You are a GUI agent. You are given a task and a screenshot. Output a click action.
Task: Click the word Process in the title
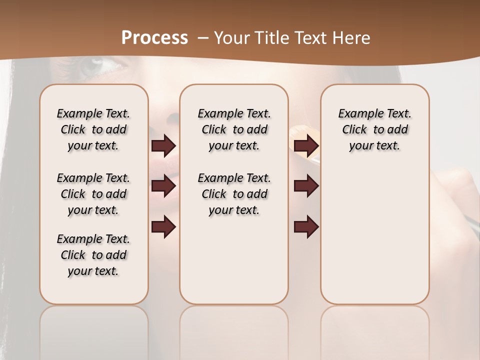(154, 38)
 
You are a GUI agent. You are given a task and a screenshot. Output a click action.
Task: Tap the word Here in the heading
(352, 38)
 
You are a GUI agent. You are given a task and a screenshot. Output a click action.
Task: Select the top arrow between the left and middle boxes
(163, 146)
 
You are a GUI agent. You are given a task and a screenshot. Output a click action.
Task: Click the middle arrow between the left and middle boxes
(163, 186)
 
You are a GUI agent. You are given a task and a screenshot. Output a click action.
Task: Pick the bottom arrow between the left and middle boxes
(163, 227)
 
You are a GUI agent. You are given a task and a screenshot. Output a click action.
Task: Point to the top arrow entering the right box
(306, 146)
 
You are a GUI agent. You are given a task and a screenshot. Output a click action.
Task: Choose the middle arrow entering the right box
(306, 186)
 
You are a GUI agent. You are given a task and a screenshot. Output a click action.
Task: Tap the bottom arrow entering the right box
(306, 227)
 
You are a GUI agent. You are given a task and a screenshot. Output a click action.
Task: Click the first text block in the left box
(93, 129)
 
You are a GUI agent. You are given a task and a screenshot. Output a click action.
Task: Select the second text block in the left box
(93, 194)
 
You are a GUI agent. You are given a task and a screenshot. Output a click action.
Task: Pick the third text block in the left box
(93, 255)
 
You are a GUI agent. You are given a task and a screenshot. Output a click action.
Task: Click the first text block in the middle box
(234, 129)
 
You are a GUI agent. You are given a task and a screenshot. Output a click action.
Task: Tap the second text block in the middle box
(234, 194)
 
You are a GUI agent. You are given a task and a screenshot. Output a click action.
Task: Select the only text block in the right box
(374, 129)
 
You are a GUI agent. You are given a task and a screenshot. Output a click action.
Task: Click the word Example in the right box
(356, 114)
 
